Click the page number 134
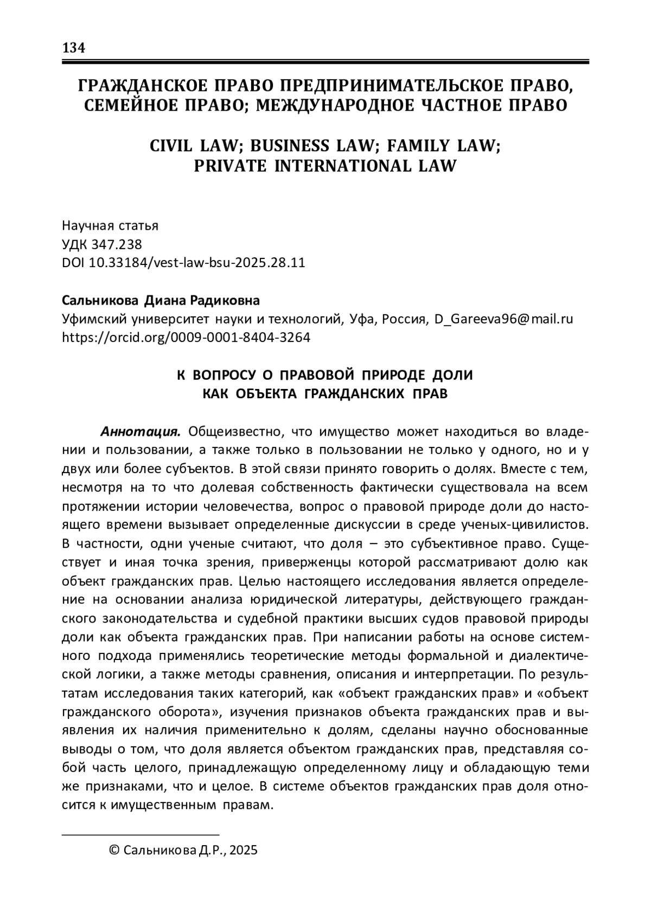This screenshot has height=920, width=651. [74, 48]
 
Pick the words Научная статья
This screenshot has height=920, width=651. [110, 225]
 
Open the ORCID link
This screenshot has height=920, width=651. [186, 338]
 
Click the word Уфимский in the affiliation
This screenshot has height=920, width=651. [92, 319]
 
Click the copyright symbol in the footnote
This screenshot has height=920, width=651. [114, 851]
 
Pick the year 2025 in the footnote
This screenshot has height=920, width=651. [243, 851]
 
